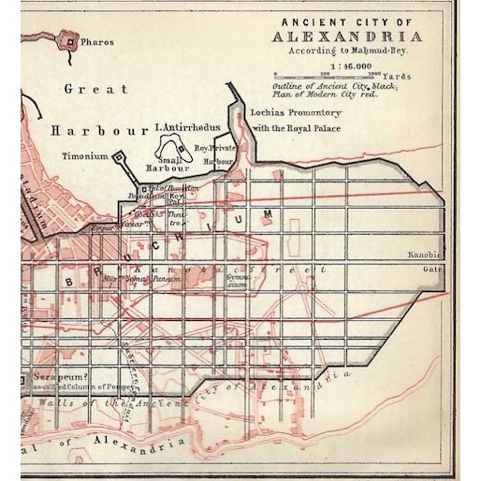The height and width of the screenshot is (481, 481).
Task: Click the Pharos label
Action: tap(97, 42)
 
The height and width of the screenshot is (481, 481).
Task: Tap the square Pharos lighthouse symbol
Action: tap(70, 40)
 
